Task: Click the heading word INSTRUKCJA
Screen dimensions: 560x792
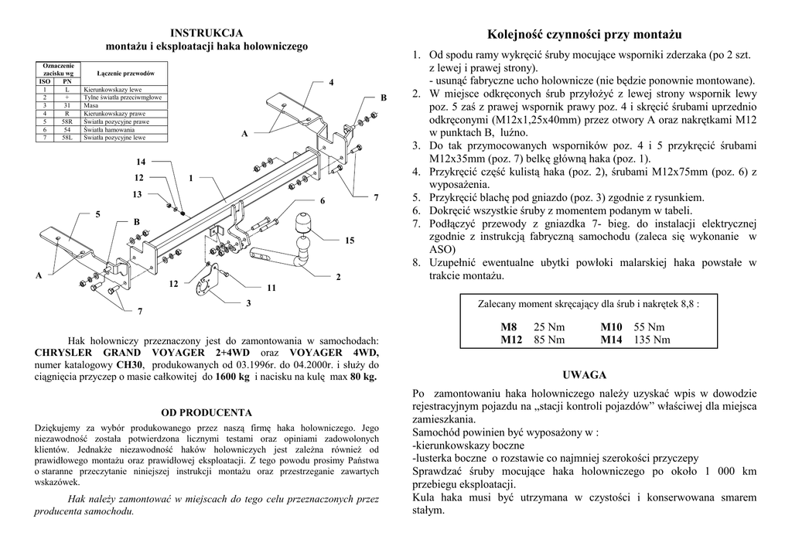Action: [x=207, y=33]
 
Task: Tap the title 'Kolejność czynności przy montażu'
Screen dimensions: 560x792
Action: [x=585, y=35]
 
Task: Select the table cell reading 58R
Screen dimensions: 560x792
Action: [x=67, y=122]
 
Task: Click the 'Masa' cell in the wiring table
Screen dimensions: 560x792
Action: [x=93, y=106]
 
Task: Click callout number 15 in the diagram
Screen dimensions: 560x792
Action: [x=350, y=241]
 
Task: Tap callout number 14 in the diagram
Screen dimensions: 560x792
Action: [x=140, y=162]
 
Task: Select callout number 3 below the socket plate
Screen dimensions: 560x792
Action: [x=248, y=303]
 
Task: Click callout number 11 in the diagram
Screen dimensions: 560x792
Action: [x=271, y=288]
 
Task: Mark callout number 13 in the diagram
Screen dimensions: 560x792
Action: [x=138, y=194]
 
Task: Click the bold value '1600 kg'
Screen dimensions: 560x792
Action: [x=232, y=377]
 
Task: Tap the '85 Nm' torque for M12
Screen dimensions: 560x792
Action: [x=549, y=339]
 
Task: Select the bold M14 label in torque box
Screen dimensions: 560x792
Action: [x=612, y=339]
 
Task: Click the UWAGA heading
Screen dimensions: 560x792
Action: [x=585, y=375]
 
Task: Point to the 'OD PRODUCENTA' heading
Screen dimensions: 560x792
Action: [x=207, y=413]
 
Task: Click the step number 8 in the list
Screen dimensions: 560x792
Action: [x=416, y=262]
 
